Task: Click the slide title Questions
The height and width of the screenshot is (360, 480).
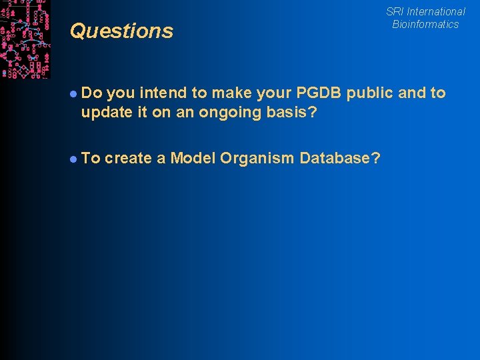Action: tap(121, 31)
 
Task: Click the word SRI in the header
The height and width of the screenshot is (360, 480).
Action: tap(395, 11)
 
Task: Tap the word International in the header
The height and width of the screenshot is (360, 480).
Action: tap(436, 11)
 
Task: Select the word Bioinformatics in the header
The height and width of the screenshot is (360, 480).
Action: tap(425, 24)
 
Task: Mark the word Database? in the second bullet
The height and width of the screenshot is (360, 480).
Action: tap(341, 158)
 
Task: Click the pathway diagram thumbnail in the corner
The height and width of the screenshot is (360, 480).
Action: tap(25, 39)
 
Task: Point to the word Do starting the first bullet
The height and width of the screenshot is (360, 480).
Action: tap(91, 93)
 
